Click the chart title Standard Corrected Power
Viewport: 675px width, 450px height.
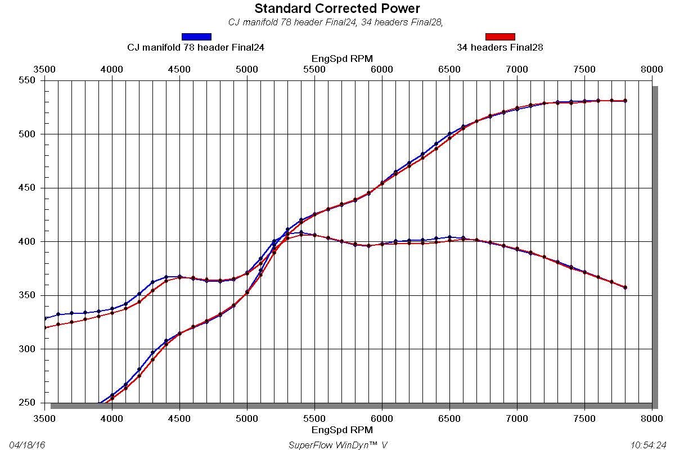click(x=337, y=8)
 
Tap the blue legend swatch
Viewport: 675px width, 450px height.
click(x=196, y=37)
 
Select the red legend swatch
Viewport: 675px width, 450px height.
click(x=500, y=37)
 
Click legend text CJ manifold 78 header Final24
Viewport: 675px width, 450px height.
click(x=196, y=48)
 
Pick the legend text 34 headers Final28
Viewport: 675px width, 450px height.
click(x=500, y=48)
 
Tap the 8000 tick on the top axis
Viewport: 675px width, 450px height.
click(x=652, y=69)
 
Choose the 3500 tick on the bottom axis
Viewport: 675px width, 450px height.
click(x=44, y=418)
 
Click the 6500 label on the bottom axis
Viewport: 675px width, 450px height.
click(x=449, y=418)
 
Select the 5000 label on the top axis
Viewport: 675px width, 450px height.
click(x=247, y=69)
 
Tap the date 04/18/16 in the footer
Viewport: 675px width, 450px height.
click(x=27, y=445)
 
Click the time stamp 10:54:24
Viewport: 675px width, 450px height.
click(x=649, y=445)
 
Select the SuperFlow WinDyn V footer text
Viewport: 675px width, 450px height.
click(x=337, y=445)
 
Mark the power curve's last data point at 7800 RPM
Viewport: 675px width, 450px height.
click(x=625, y=101)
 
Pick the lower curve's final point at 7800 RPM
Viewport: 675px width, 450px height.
click(x=625, y=287)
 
